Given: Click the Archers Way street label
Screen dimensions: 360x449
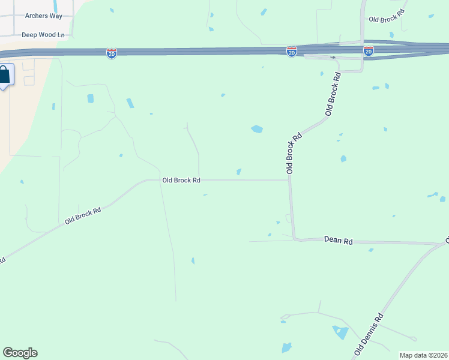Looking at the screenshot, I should (x=44, y=16).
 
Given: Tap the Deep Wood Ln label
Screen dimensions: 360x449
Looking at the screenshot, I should (x=43, y=35).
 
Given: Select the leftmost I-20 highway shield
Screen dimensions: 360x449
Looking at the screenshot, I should (x=112, y=53).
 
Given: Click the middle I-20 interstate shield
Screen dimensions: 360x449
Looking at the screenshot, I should (x=292, y=52).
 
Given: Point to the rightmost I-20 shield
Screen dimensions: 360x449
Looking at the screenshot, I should (x=369, y=51).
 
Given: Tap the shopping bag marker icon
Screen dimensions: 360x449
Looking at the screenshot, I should (x=4, y=76).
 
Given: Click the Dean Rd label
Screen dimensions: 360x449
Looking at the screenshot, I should (x=338, y=241).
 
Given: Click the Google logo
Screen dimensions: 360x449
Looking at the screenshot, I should (x=20, y=353).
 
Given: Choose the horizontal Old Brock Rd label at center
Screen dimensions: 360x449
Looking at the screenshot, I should (x=181, y=180).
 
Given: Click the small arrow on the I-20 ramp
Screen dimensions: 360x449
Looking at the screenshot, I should (x=333, y=58).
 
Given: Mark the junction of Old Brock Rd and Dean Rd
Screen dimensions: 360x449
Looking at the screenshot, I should (x=294, y=239).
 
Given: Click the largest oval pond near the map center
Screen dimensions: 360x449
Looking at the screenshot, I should (x=257, y=129).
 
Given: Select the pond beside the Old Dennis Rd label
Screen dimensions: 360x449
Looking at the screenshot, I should (x=341, y=332).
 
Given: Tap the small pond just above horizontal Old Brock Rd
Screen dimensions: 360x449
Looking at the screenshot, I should (x=239, y=172).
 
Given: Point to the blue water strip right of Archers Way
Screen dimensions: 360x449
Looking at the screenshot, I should (x=55, y=6).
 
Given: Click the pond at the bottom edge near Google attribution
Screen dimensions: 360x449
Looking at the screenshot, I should (x=286, y=347).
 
